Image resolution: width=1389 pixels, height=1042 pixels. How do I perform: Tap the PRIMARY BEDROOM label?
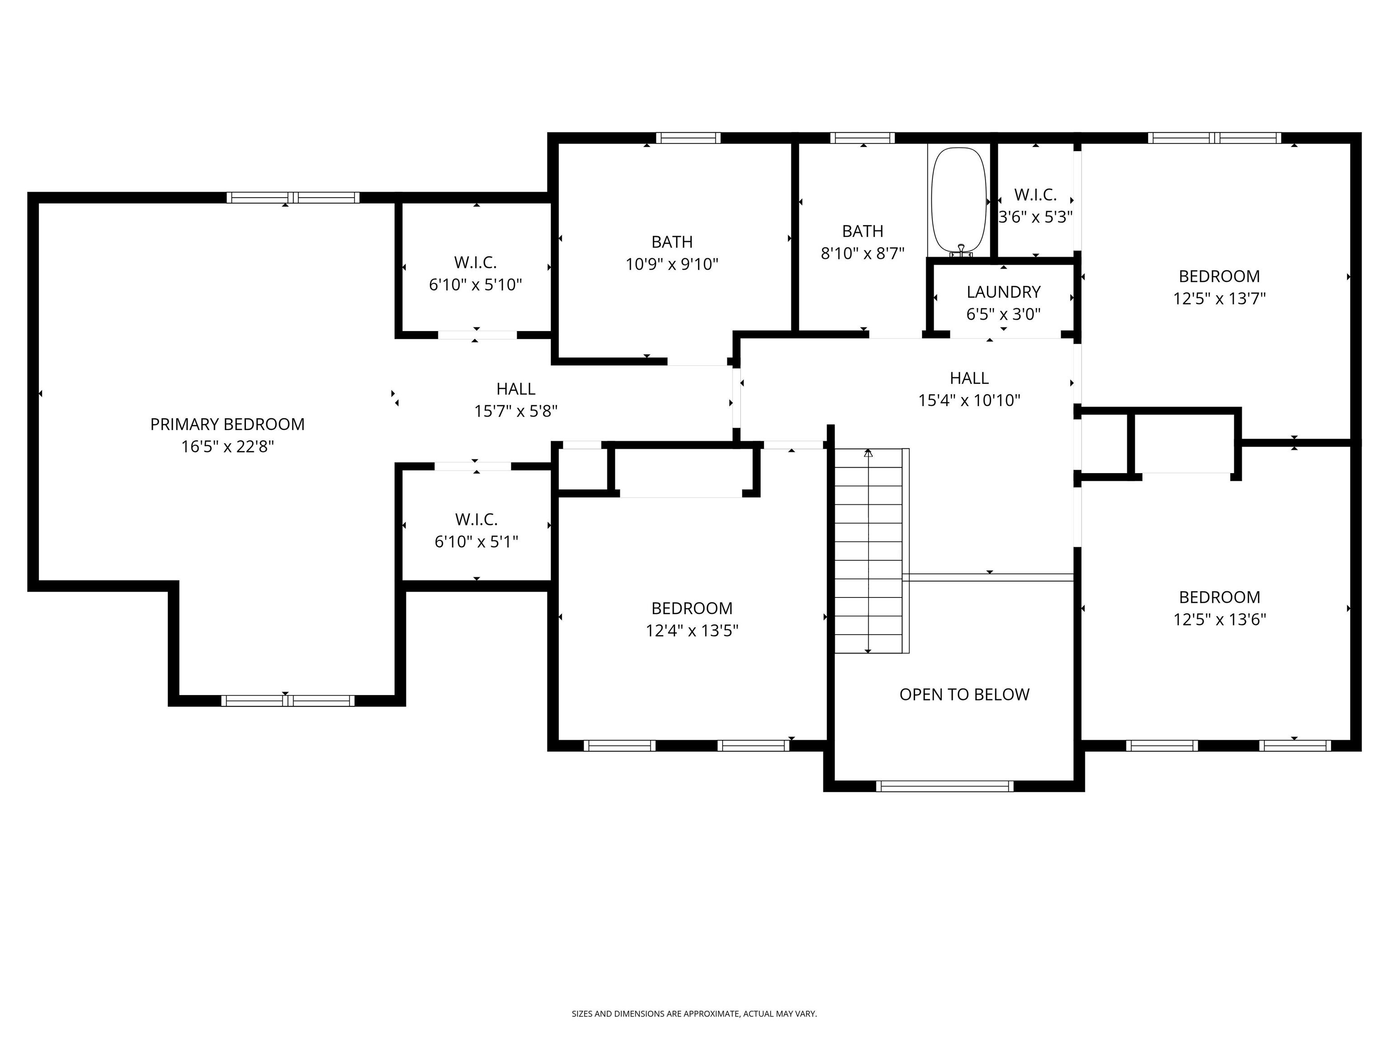click(227, 425)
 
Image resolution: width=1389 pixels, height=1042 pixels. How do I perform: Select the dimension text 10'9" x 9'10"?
click(671, 265)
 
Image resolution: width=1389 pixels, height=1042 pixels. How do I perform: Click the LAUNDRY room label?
click(1003, 292)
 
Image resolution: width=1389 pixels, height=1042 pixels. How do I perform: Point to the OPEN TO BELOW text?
click(964, 695)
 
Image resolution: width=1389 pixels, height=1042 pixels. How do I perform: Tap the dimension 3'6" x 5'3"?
click(1035, 218)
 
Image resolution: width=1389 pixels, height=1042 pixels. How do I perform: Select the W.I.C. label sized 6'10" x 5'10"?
click(475, 263)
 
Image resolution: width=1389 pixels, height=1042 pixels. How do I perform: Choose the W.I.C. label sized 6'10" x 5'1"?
click(476, 520)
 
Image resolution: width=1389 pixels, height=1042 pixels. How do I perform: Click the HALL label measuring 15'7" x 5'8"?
click(515, 389)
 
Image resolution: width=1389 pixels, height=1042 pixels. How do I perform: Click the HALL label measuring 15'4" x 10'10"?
click(969, 378)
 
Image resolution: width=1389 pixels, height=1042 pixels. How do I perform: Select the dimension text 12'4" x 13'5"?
click(691, 630)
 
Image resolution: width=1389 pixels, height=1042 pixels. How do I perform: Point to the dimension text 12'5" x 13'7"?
click(1219, 298)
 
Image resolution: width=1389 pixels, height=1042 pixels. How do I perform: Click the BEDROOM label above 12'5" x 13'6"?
click(1219, 597)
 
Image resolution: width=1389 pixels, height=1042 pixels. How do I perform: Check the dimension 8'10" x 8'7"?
click(862, 254)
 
